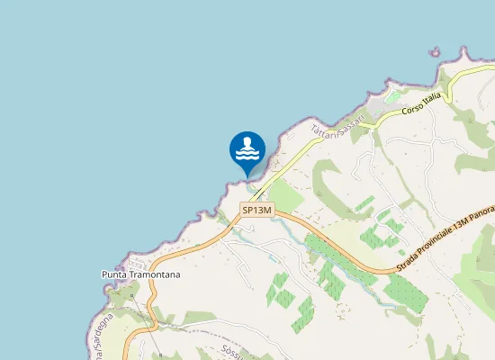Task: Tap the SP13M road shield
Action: click(256, 211)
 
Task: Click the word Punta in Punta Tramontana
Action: click(115, 274)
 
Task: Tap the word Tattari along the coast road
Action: click(324, 129)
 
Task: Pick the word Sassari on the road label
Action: click(350, 117)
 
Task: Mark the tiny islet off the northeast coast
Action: click(436, 52)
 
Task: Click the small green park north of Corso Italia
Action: click(393, 96)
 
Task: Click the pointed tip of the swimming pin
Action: click(247, 177)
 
